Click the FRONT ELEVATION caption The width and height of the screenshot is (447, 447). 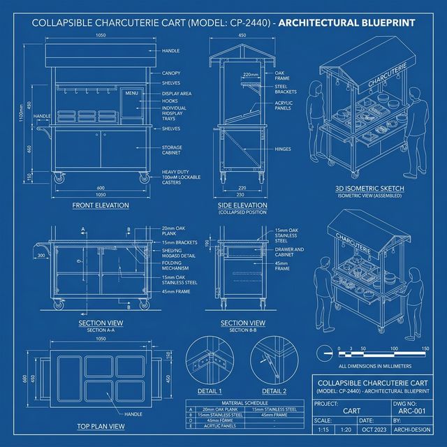(x=100, y=205)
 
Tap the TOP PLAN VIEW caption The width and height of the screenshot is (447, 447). (x=100, y=425)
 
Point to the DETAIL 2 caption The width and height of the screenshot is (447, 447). (x=274, y=391)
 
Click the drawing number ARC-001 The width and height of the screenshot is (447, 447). (x=417, y=411)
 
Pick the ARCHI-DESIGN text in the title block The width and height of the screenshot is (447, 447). (x=417, y=430)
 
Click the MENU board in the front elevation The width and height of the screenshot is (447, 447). (x=131, y=93)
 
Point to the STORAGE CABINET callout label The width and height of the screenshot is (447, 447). (x=172, y=150)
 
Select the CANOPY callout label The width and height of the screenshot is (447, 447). (x=171, y=73)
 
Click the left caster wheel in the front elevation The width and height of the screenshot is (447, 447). (x=58, y=179)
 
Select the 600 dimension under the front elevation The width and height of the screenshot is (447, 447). (x=101, y=187)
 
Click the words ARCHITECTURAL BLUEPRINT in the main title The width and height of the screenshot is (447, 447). (x=347, y=22)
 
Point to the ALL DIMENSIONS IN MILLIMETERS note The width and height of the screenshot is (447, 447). (x=374, y=365)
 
